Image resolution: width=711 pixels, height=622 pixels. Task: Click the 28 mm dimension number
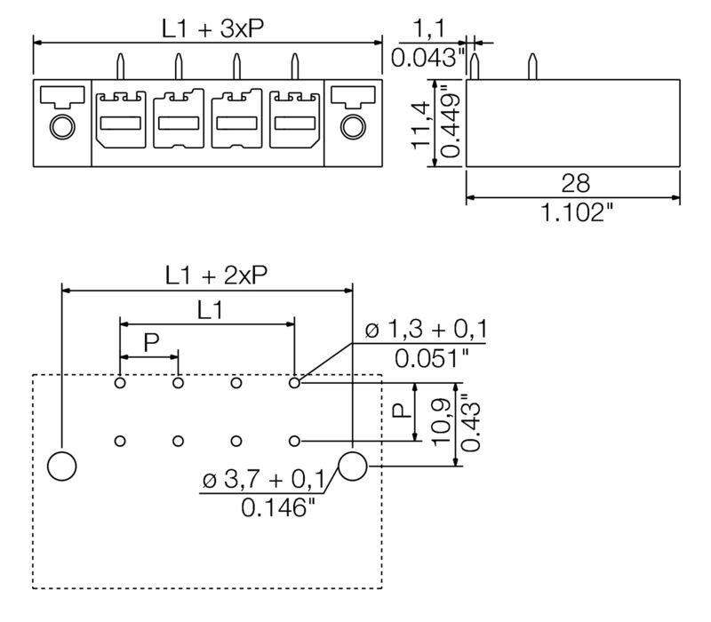click(574, 183)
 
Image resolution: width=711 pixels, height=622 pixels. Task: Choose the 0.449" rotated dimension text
click(450, 122)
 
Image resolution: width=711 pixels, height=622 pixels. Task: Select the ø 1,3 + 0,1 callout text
click(426, 331)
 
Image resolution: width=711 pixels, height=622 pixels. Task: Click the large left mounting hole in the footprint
click(61, 465)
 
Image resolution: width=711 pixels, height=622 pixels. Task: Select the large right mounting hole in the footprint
click(353, 465)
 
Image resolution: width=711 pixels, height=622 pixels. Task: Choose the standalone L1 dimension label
click(210, 309)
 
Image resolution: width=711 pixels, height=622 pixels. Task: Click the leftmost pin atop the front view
click(121, 66)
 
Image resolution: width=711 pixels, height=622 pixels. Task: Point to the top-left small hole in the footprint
click(120, 383)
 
